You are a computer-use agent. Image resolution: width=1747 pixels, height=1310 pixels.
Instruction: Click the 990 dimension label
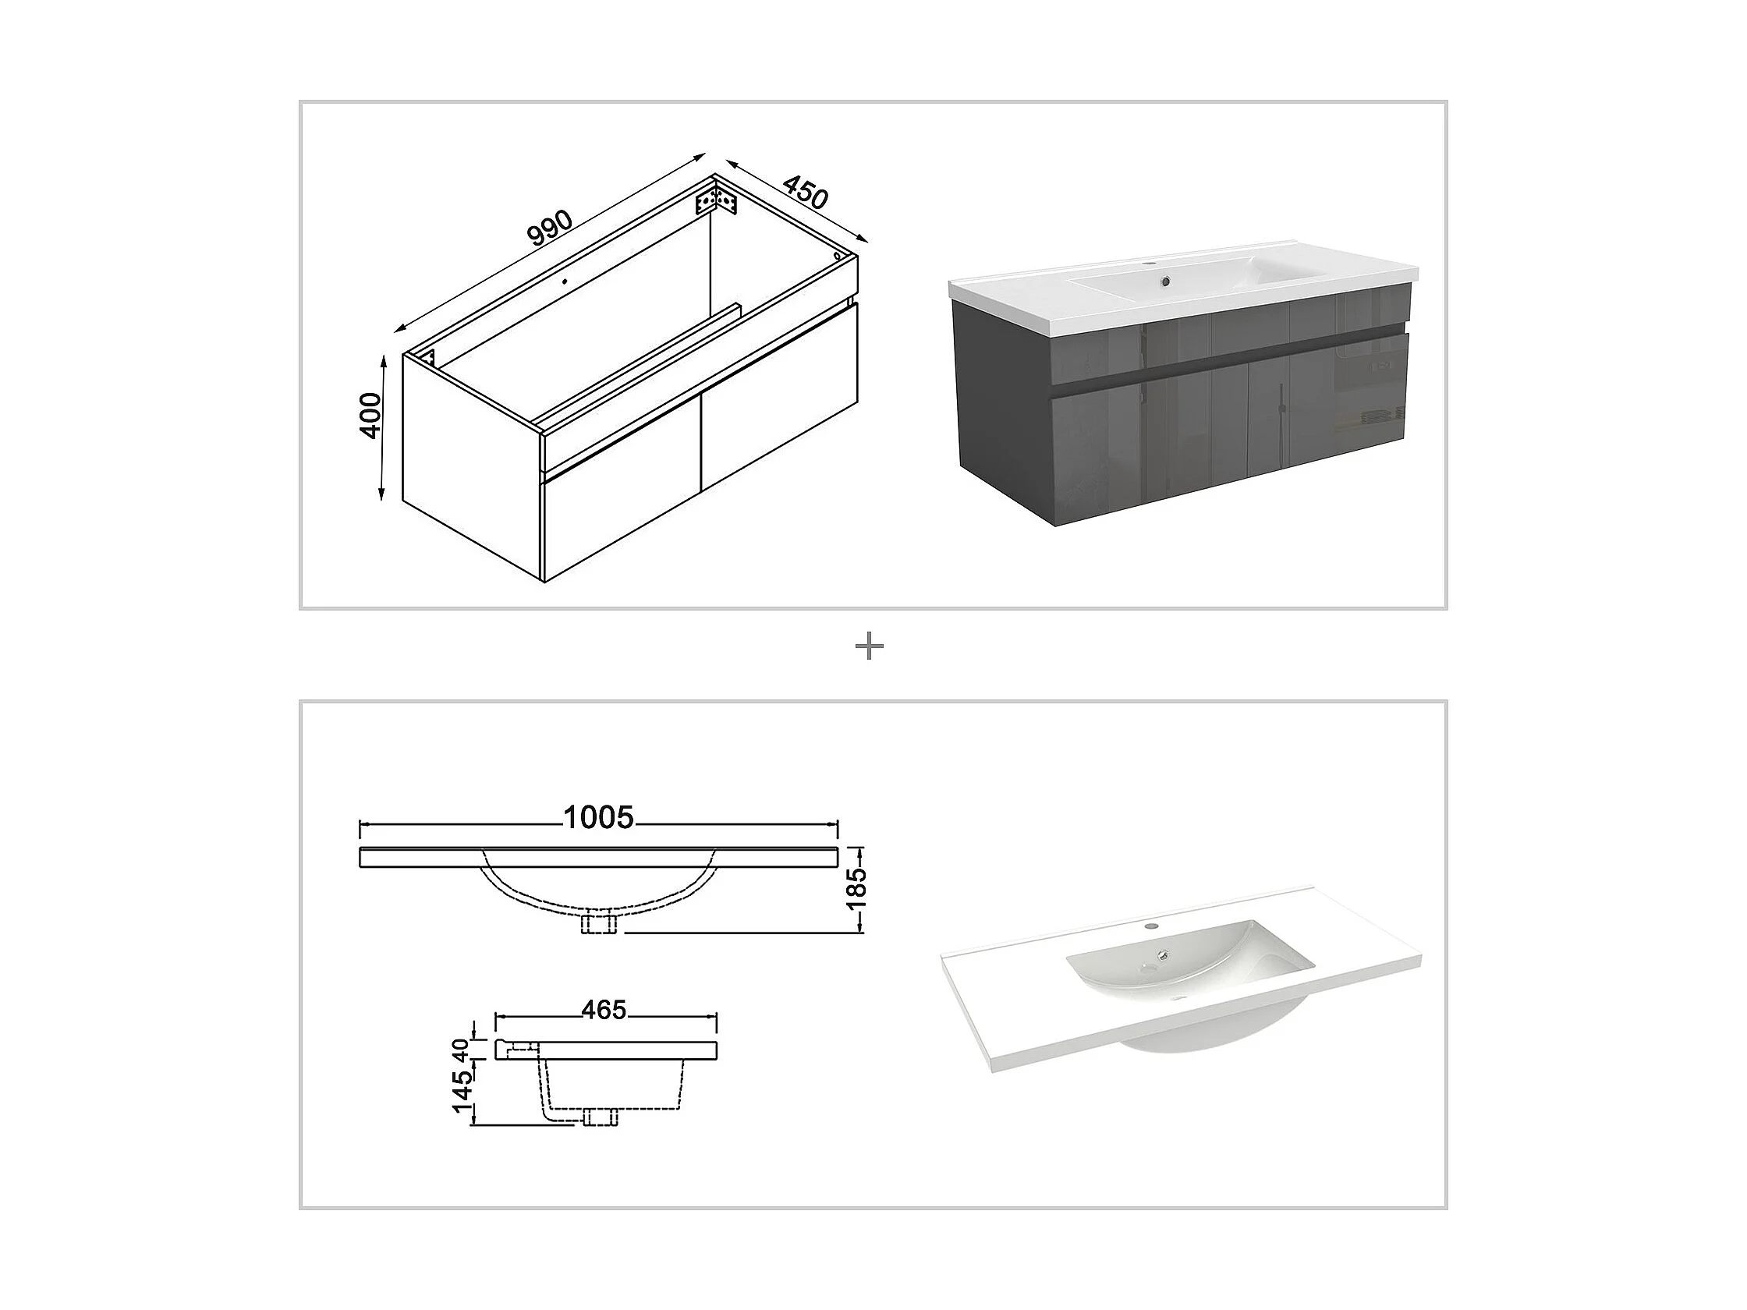click(x=550, y=228)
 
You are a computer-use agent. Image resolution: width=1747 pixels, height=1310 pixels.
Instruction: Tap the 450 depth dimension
click(x=805, y=192)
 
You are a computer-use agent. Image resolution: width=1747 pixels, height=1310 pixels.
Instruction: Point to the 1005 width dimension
click(x=598, y=818)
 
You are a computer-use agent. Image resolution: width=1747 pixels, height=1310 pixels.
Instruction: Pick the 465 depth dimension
click(x=604, y=1009)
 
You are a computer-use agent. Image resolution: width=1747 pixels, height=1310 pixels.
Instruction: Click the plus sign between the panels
click(x=870, y=647)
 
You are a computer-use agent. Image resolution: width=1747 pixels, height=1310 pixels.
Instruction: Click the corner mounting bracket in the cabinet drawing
click(x=715, y=200)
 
